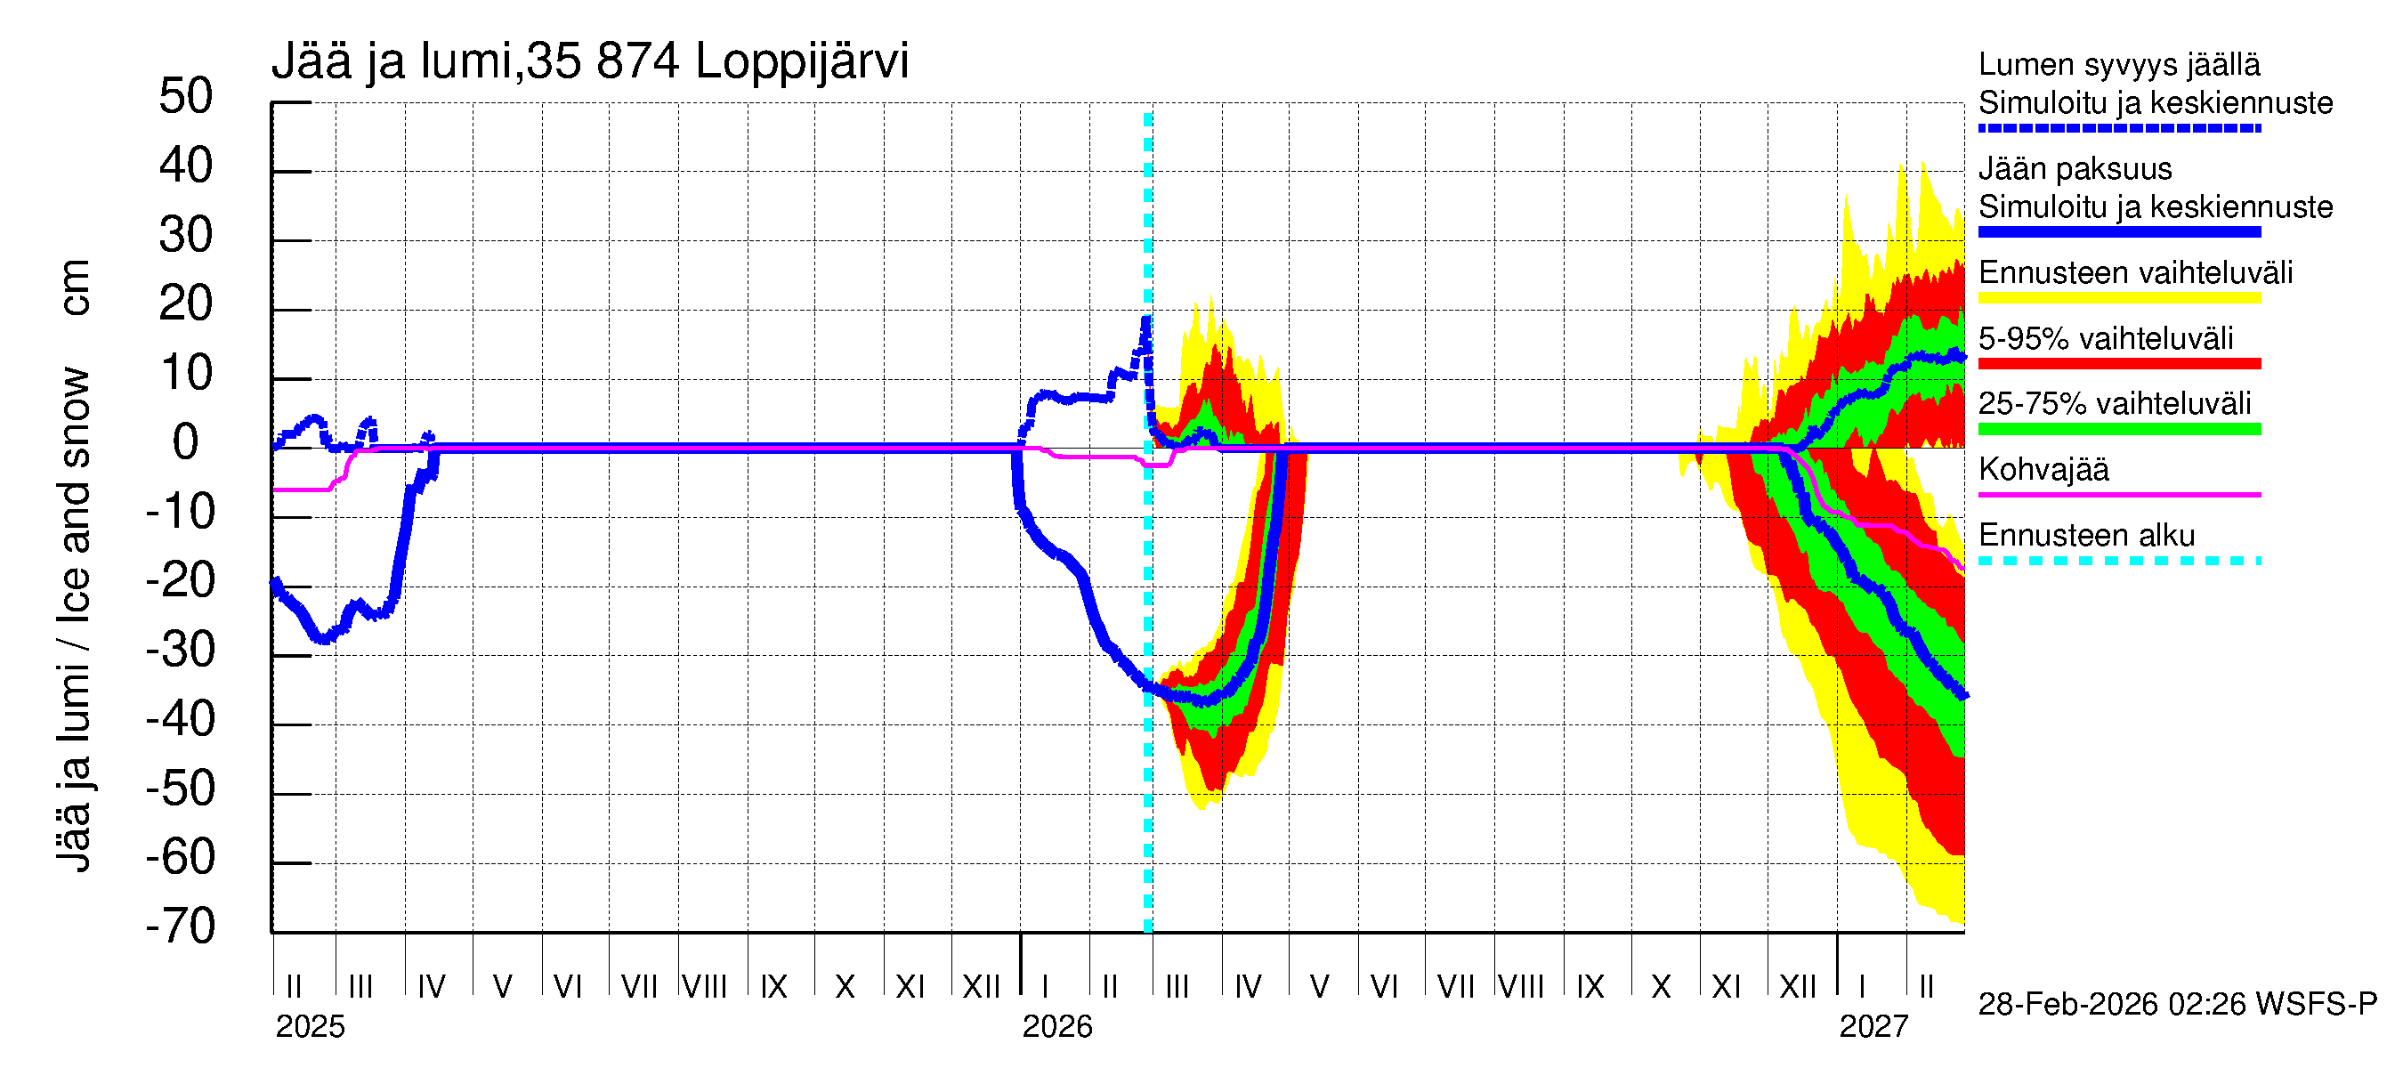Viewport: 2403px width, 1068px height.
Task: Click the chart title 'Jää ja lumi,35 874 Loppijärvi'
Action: coord(589,61)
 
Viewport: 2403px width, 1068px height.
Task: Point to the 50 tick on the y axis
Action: coord(187,97)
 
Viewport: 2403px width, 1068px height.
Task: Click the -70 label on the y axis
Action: coord(181,926)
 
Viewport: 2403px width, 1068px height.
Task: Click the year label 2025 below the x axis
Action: coord(310,1027)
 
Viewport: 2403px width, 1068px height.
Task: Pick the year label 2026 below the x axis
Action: coord(1057,1027)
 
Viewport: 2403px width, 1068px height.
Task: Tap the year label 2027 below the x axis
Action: coord(1873,1027)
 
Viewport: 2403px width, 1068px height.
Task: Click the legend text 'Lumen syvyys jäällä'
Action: coord(2118,65)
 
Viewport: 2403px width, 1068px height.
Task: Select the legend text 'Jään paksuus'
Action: coord(2075,170)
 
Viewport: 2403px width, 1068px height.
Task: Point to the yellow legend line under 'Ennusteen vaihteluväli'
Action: coord(2118,298)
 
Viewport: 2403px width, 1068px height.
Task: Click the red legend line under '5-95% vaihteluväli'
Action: coord(2118,364)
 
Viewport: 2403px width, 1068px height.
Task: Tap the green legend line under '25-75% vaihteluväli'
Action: coord(2118,429)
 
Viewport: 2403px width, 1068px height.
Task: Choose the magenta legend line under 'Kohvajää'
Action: coord(2118,494)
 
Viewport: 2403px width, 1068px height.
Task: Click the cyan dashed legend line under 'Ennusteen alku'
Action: coord(2118,561)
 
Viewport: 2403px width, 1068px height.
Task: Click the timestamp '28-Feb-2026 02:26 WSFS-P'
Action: coord(2177,1005)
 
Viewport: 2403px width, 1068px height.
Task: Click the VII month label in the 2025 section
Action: coord(639,987)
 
